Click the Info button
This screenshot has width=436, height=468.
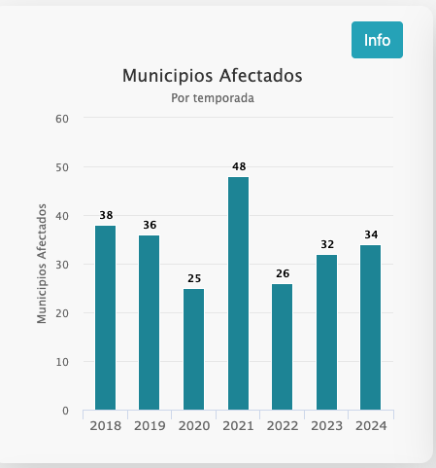point(377,40)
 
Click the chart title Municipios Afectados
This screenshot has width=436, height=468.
point(213,76)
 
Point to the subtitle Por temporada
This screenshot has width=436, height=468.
point(213,98)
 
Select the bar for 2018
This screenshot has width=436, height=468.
point(105,318)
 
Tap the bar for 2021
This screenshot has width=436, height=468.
point(238,294)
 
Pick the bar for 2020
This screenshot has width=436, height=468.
point(193,349)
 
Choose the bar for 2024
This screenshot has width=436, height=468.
point(370,328)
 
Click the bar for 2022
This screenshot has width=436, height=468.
point(282,347)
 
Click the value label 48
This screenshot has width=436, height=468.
point(239,166)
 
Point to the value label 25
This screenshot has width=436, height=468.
point(194,278)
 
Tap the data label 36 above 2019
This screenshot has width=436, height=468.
point(150,225)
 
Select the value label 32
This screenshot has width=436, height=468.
point(327,244)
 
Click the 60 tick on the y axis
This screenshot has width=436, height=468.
point(62,119)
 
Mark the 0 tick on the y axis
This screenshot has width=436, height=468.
point(65,411)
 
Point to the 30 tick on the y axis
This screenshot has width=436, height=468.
point(62,265)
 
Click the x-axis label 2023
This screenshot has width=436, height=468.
point(326,426)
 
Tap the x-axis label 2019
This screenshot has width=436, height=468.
point(150,426)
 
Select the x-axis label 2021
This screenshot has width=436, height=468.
point(238,426)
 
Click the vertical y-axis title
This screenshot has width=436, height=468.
point(42,264)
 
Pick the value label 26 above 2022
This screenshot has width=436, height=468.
point(283,273)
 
